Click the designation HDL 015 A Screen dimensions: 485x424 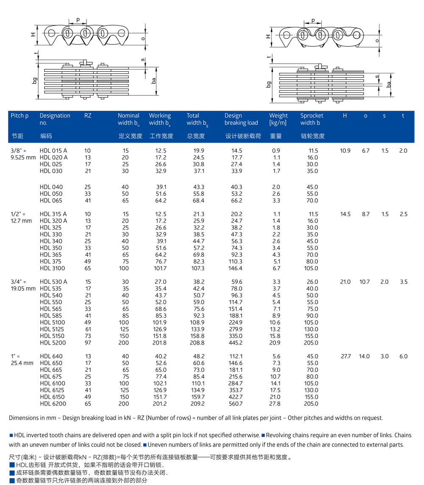[x=53, y=151]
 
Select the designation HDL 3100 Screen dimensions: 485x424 [x=51, y=269]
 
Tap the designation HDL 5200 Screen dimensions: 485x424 [x=53, y=343]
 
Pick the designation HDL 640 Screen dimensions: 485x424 [x=51, y=356]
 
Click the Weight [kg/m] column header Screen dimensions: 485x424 [x=278, y=119]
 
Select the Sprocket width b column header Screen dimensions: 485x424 [x=312, y=119]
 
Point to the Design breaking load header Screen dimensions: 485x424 [x=241, y=119]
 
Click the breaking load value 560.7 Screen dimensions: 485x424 [x=235, y=404]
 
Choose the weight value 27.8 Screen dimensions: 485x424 [x=276, y=404]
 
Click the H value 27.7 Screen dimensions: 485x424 [x=346, y=356]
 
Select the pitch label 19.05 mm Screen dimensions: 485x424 [x=22, y=289]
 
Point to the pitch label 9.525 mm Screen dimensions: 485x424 [x=22, y=157]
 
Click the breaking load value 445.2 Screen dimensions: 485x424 [x=235, y=343]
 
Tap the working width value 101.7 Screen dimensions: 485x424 [x=161, y=269]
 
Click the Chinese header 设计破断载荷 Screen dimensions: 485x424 [x=243, y=136]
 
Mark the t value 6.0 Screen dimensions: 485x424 [x=403, y=356]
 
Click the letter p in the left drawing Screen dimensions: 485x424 [x=78, y=20]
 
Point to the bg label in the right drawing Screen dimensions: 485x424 [x=268, y=84]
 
